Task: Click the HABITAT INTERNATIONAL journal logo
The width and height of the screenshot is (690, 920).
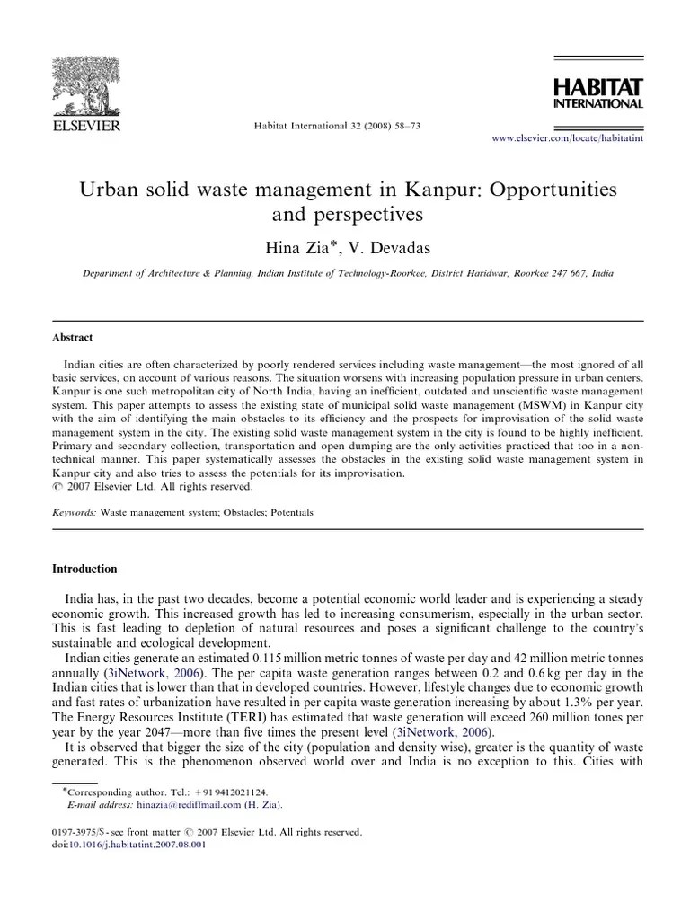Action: pos(597,93)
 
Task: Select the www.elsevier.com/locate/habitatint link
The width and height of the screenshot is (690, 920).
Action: pos(567,138)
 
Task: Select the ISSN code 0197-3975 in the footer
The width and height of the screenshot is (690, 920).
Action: pos(75,833)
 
